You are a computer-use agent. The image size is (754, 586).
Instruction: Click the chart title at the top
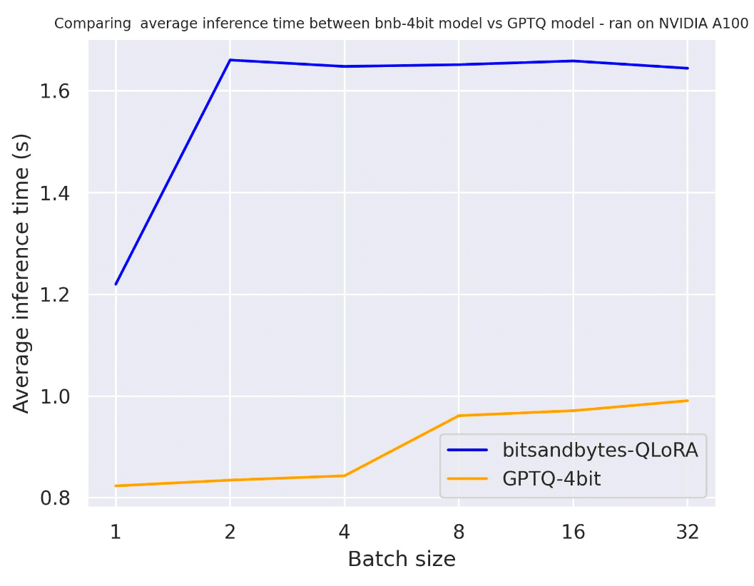(401, 24)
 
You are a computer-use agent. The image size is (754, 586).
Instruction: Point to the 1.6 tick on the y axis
(60, 92)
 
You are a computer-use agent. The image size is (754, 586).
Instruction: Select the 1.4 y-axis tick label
(60, 193)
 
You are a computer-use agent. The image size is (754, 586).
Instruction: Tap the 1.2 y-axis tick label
(60, 295)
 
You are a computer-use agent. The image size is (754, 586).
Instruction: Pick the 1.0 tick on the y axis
(60, 396)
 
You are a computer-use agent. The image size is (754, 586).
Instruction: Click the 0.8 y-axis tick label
(60, 498)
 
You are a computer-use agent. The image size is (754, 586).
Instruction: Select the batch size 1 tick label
(116, 531)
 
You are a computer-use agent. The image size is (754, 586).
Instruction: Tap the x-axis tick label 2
(230, 531)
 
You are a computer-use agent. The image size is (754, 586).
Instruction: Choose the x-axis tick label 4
(344, 531)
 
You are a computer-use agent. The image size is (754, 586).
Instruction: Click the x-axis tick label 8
(458, 531)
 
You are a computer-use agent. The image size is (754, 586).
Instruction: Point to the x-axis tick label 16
(572, 531)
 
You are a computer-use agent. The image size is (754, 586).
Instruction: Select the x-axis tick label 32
(686, 531)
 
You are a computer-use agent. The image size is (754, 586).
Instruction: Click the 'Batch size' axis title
(401, 560)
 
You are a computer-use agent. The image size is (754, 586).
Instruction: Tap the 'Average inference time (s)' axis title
(22, 273)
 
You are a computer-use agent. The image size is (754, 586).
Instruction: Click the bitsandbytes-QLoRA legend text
(600, 451)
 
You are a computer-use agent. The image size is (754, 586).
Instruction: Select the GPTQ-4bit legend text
(551, 478)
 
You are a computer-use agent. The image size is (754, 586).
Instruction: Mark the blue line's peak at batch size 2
(230, 60)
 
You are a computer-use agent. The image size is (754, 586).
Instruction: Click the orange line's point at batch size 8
(458, 416)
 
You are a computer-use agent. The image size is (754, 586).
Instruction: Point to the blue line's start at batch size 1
(116, 284)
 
